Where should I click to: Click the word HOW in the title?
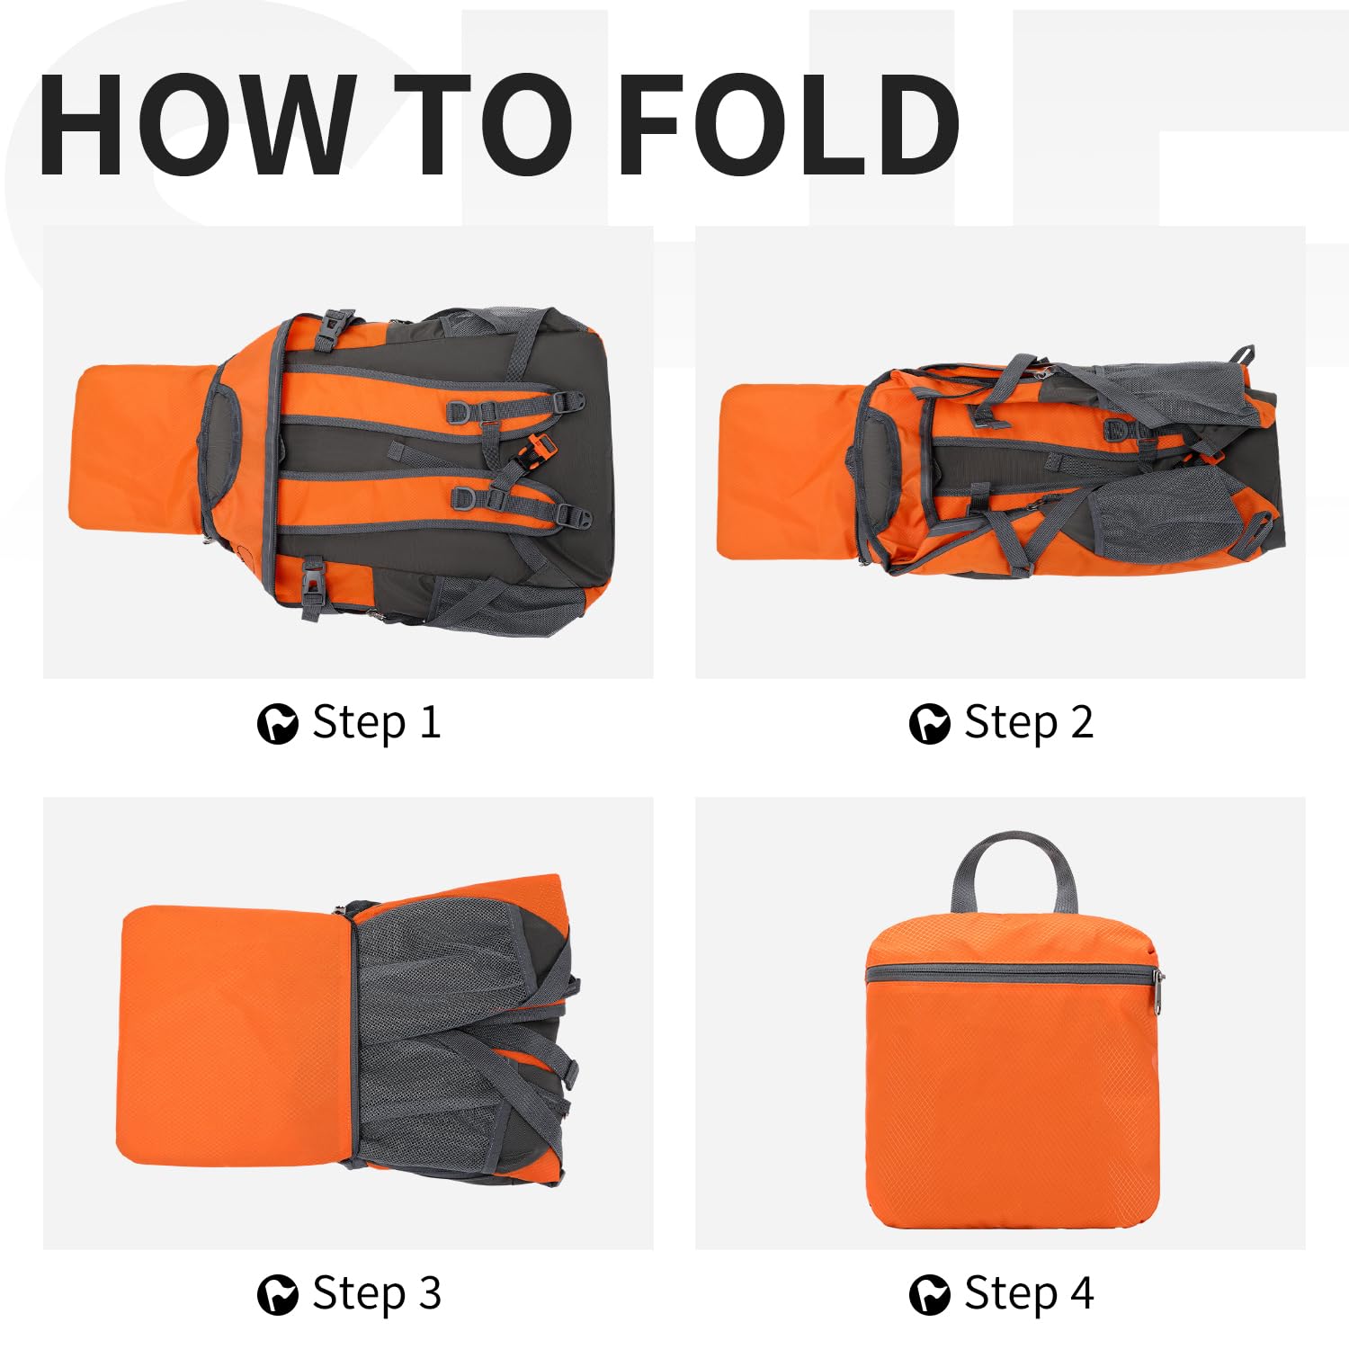pyautogui.click(x=195, y=123)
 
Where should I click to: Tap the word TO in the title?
pyautogui.click(x=484, y=123)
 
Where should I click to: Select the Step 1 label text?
pyautogui.click(x=377, y=722)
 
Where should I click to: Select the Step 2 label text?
pyautogui.click(x=1029, y=722)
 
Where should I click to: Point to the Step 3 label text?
pyautogui.click(x=377, y=1294)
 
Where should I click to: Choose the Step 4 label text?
pyautogui.click(x=1029, y=1294)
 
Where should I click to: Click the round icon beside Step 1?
pyautogui.click(x=278, y=724)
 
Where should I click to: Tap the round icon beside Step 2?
pyautogui.click(x=930, y=724)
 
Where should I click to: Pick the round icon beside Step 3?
pyautogui.click(x=278, y=1295)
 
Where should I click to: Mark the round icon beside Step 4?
pyautogui.click(x=930, y=1295)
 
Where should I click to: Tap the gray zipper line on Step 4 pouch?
pyautogui.click(x=1009, y=972)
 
